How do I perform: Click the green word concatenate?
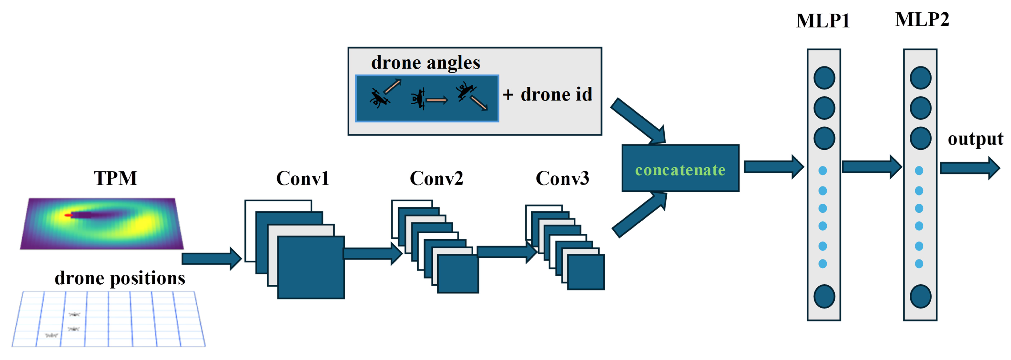click(x=680, y=170)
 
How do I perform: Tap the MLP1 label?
click(x=823, y=21)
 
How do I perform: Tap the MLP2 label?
click(x=922, y=20)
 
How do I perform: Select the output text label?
click(x=975, y=139)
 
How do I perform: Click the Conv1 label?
click(x=302, y=179)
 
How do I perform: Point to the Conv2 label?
click(x=436, y=179)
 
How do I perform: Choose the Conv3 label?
click(x=562, y=179)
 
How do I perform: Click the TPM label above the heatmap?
click(x=115, y=179)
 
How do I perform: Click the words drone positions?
click(x=120, y=278)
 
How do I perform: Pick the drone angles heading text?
click(x=425, y=63)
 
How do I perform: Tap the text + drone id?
click(x=548, y=94)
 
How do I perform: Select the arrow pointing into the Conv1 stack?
click(x=211, y=258)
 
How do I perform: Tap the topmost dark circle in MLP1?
click(x=824, y=78)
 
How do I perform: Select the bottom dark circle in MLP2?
click(x=920, y=296)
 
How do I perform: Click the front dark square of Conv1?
click(x=311, y=267)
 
